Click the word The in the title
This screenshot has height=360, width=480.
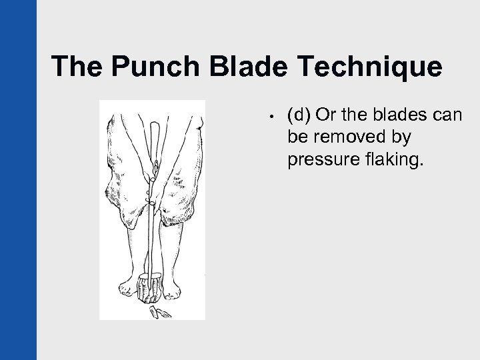[74, 67]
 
